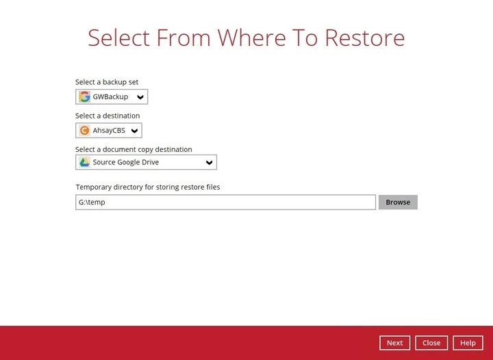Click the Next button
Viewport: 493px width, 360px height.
[394, 343]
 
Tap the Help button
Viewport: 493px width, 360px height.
[468, 343]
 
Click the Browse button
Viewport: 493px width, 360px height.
[398, 202]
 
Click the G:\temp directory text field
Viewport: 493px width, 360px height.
[225, 202]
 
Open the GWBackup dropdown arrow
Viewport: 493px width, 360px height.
[140, 97]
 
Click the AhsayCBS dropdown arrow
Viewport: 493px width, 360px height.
[135, 131]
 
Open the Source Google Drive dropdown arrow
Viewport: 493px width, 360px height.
[210, 163]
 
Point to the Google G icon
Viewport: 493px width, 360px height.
[85, 97]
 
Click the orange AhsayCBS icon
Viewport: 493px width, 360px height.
[84, 131]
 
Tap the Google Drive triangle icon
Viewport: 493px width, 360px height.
[84, 162]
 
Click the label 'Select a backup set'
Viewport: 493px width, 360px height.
[107, 82]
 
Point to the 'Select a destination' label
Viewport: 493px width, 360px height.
[108, 116]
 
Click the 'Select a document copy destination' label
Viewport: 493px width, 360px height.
[134, 149]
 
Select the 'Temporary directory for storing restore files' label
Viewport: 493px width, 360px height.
[148, 187]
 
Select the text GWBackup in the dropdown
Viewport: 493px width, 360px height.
[110, 97]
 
